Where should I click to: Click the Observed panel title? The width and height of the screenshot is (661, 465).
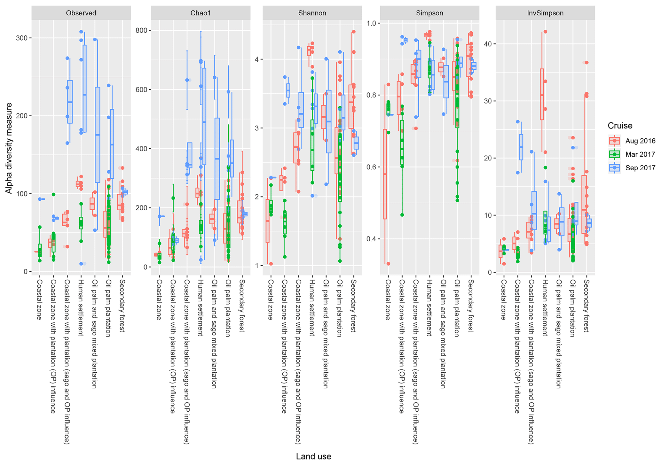click(x=81, y=13)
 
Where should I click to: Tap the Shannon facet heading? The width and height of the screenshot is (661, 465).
click(x=312, y=13)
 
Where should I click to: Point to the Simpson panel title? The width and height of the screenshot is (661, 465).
click(x=429, y=13)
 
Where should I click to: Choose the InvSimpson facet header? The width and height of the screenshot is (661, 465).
click(x=545, y=13)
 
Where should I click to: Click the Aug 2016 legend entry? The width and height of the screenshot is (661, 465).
click(x=640, y=141)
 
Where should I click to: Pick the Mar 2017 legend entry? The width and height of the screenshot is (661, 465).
click(x=640, y=154)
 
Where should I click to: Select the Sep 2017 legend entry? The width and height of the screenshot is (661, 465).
click(x=640, y=168)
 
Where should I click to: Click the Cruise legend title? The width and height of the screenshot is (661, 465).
click(x=620, y=126)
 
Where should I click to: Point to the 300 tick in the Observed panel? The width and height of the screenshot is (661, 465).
click(x=23, y=38)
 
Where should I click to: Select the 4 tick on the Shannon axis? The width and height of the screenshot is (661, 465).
click(x=256, y=59)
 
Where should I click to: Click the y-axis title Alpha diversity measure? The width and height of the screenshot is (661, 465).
click(x=9, y=148)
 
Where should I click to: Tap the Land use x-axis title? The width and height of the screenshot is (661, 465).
click(x=313, y=456)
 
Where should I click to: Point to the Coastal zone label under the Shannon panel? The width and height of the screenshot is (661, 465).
click(x=271, y=300)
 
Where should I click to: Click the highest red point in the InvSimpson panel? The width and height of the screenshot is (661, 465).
click(x=546, y=32)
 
